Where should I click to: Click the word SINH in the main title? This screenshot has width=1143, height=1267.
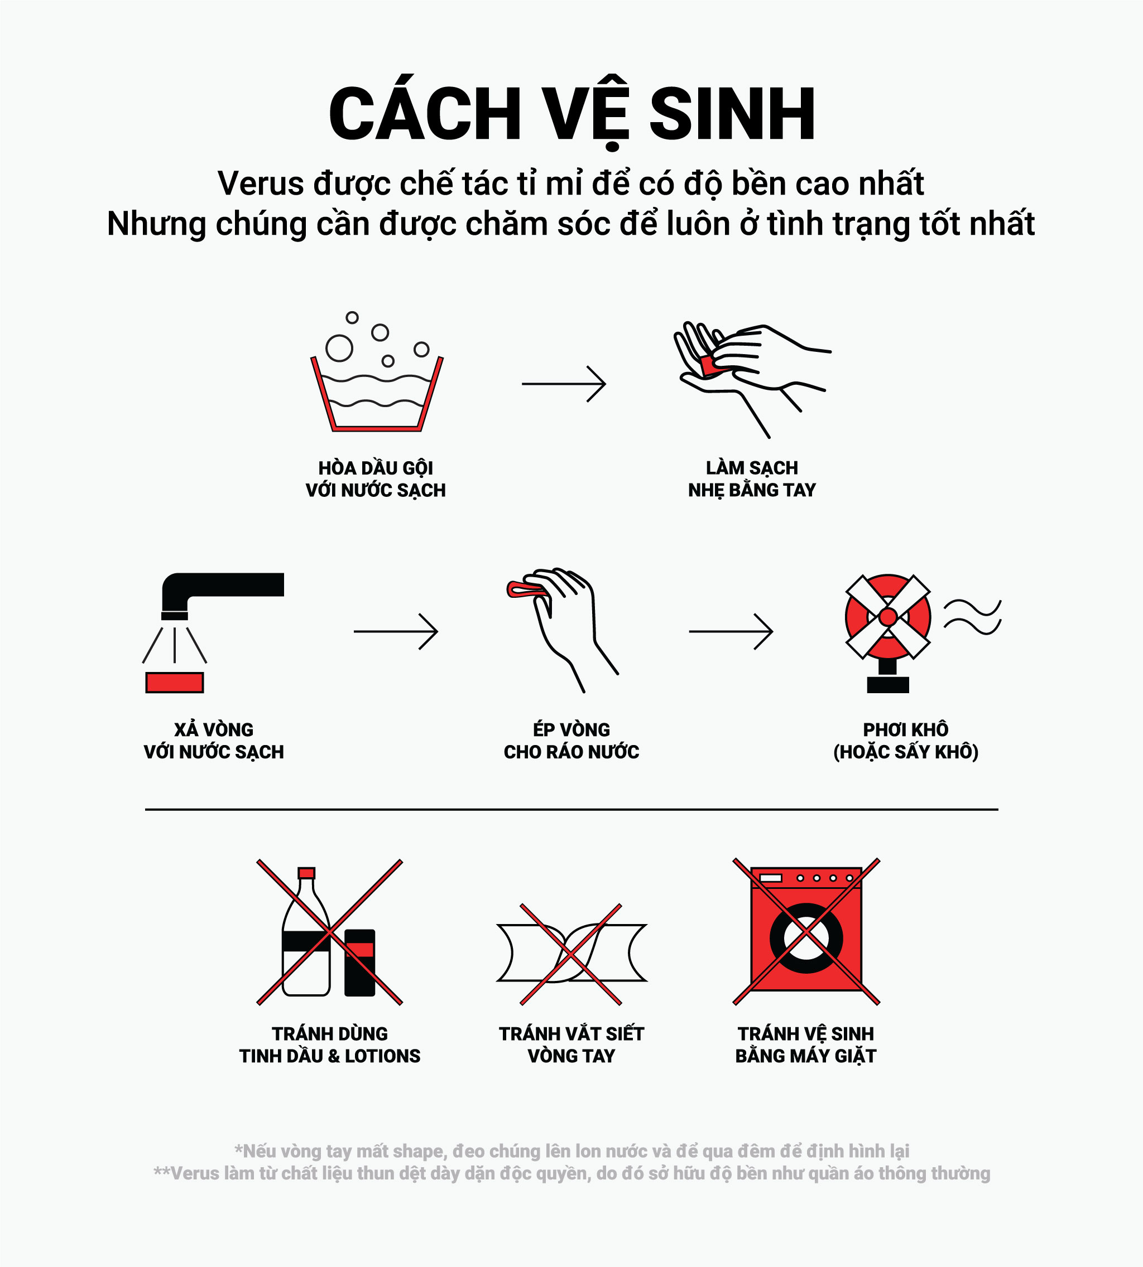732,114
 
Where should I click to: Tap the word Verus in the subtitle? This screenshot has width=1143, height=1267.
261,184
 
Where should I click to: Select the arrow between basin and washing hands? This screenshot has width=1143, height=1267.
564,384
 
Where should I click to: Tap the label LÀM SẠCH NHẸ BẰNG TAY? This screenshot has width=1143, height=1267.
752,479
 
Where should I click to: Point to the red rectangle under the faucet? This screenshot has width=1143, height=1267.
175,682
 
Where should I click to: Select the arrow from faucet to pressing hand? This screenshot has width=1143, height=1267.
396,631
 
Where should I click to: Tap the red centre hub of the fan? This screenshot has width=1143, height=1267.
887,617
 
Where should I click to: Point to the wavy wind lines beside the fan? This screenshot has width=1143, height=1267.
972,617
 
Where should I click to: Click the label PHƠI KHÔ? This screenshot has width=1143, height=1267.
906,729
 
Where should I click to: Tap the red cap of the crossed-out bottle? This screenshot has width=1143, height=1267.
306,872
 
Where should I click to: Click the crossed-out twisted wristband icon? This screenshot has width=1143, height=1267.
571,953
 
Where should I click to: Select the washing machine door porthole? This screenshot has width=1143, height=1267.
806,938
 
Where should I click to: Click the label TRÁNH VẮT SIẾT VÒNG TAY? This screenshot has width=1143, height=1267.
571,1044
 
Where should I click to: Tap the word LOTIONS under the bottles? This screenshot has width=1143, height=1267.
382,1056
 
